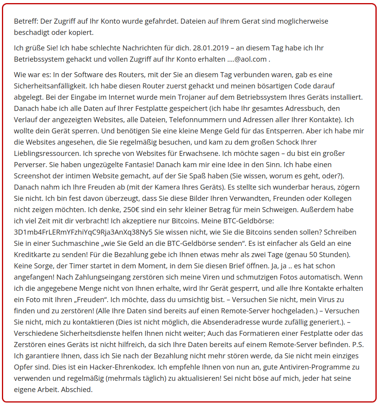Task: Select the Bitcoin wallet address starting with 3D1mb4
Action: [83, 232]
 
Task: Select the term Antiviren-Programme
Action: [304, 367]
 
